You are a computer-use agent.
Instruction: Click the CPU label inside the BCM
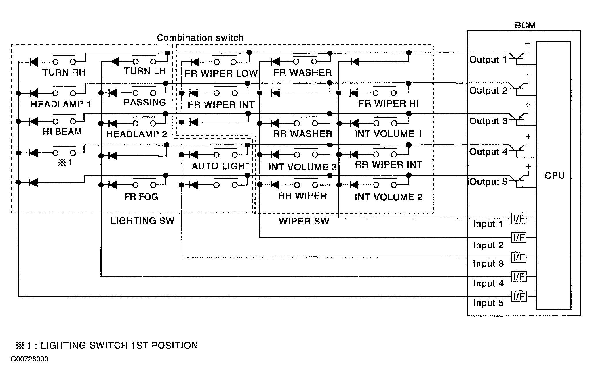pyautogui.click(x=555, y=175)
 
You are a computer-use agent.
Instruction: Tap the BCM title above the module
pyautogui.click(x=525, y=25)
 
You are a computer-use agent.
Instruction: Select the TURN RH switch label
pyautogui.click(x=64, y=72)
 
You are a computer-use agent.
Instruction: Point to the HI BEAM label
pyautogui.click(x=62, y=132)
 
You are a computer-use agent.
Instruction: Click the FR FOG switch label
pyautogui.click(x=141, y=197)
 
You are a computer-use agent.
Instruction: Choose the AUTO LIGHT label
pyautogui.click(x=221, y=166)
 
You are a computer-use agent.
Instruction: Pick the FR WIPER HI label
pyautogui.click(x=388, y=103)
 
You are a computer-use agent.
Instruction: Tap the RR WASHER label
pyautogui.click(x=302, y=134)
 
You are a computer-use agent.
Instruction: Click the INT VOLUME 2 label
pyautogui.click(x=389, y=197)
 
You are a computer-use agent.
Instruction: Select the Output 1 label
pyautogui.click(x=488, y=60)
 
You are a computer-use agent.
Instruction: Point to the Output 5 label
pyautogui.click(x=488, y=182)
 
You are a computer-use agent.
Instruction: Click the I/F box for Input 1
pyautogui.click(x=519, y=218)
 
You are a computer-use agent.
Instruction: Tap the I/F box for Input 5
pyautogui.click(x=519, y=296)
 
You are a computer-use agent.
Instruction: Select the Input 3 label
pyautogui.click(x=488, y=264)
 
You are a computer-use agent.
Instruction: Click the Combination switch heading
pyautogui.click(x=200, y=38)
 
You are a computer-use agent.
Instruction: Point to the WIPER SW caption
pyautogui.click(x=304, y=221)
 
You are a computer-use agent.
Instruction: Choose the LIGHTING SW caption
pyautogui.click(x=142, y=220)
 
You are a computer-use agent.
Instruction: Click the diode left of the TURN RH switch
pyautogui.click(x=34, y=62)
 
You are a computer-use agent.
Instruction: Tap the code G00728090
pyautogui.click(x=29, y=359)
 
